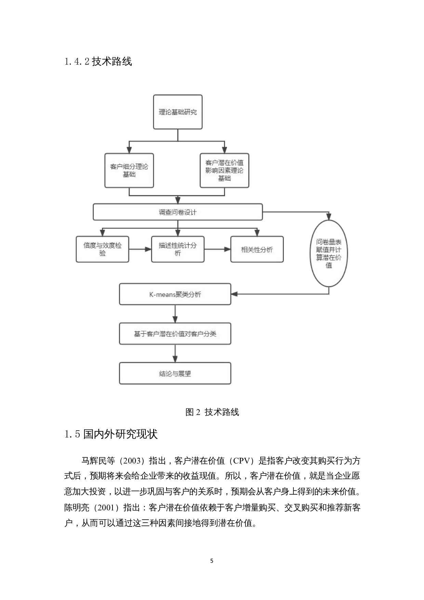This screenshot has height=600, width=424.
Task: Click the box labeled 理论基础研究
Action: (x=177, y=112)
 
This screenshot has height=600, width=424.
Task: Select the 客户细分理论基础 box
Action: (x=129, y=170)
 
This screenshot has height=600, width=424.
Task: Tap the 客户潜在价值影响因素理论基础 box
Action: (x=224, y=170)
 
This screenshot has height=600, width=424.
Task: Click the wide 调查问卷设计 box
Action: (x=177, y=212)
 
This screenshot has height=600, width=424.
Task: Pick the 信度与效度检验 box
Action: (x=102, y=249)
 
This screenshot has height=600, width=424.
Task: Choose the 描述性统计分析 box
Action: (x=177, y=249)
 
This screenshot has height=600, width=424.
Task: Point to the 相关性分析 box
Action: (x=257, y=249)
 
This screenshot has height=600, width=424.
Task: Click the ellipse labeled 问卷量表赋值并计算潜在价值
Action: (x=329, y=253)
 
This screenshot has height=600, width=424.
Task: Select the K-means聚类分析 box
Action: (x=175, y=294)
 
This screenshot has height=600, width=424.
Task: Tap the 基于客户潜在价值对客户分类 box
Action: (x=175, y=334)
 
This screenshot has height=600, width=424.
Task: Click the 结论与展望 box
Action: (x=175, y=374)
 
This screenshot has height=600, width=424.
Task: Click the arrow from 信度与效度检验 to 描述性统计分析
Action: (x=140, y=249)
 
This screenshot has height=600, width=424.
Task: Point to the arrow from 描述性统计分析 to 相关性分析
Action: (x=217, y=249)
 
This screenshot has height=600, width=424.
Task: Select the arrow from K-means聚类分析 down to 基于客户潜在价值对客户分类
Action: (x=175, y=314)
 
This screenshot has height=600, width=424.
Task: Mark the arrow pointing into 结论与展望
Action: (x=175, y=353)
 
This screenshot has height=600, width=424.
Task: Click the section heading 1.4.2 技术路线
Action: (x=98, y=62)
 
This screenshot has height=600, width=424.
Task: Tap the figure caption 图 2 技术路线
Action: (x=212, y=412)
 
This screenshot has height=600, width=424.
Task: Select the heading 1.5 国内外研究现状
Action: (x=111, y=434)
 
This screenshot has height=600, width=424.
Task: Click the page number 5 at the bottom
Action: (x=212, y=561)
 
